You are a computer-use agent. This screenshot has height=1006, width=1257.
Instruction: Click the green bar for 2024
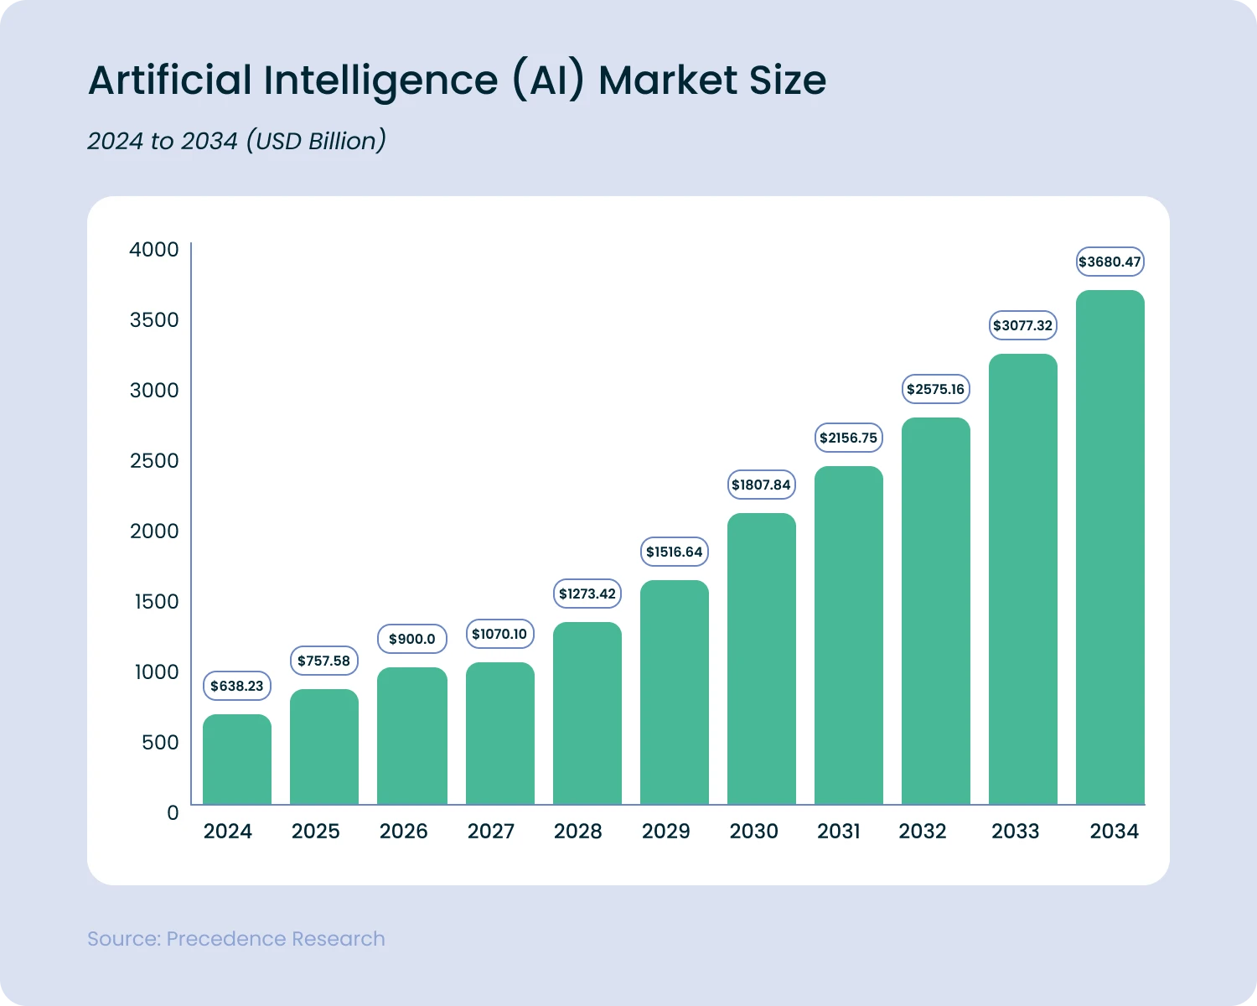tap(237, 760)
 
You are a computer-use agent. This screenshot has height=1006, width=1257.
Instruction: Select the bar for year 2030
tap(762, 659)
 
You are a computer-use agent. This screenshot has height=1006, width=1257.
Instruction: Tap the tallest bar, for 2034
tap(1110, 547)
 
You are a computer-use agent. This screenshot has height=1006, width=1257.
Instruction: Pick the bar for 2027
tap(500, 734)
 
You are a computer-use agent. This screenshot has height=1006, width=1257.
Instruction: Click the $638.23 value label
tap(237, 686)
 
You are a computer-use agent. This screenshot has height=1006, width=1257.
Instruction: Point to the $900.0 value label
tap(412, 639)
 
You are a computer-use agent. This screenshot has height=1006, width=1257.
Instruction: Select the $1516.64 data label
tap(675, 552)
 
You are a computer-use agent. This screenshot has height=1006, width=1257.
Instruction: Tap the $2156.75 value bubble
tap(849, 438)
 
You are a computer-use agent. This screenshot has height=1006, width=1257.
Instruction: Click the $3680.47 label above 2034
tap(1110, 262)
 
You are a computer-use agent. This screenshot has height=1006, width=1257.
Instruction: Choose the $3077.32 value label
tap(1023, 325)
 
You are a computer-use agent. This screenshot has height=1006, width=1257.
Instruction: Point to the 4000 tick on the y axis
tap(154, 249)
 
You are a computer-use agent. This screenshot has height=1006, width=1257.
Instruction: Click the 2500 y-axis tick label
tap(154, 460)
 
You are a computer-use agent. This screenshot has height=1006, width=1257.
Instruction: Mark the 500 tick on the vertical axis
tap(160, 742)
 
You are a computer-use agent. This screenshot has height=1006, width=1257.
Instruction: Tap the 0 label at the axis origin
tap(173, 812)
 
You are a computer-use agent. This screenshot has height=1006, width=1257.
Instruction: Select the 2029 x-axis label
tap(666, 831)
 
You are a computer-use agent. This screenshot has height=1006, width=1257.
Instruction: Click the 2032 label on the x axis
tap(923, 831)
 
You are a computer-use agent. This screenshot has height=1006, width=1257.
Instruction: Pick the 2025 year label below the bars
tap(316, 831)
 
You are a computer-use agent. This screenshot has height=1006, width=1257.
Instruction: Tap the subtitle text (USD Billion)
tap(316, 141)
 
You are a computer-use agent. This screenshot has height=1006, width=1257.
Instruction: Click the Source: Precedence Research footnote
tap(236, 938)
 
